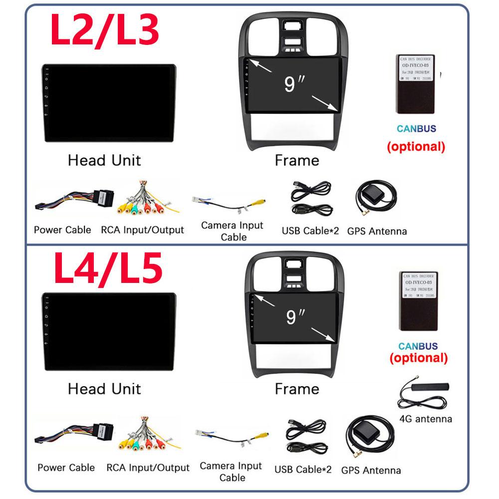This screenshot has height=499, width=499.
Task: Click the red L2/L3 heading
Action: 105,30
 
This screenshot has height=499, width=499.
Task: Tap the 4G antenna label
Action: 426,419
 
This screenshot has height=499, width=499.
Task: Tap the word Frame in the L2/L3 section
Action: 297,161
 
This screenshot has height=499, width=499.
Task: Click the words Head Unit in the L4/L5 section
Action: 104,389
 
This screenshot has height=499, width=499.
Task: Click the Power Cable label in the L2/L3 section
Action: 62,230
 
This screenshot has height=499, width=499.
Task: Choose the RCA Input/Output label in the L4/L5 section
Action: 148,468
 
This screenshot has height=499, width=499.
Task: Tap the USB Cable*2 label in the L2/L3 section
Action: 310,231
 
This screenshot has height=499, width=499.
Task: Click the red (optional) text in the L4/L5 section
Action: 418,358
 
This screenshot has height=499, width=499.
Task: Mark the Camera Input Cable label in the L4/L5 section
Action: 231,472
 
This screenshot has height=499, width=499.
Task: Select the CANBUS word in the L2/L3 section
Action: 416,129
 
